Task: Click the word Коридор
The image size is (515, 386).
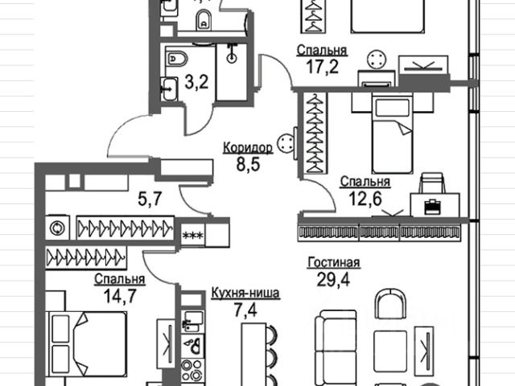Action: click(x=248, y=148)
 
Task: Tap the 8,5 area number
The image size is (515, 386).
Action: click(x=248, y=164)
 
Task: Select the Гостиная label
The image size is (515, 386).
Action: click(x=334, y=263)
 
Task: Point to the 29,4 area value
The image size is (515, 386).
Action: click(x=333, y=279)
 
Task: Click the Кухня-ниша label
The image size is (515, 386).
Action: click(x=245, y=293)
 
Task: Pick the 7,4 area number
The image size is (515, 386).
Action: click(x=245, y=310)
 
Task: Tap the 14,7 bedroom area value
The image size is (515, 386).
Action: click(x=120, y=296)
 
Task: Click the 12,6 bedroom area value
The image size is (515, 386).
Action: click(x=365, y=199)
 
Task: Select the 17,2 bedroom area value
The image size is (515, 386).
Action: click(x=322, y=67)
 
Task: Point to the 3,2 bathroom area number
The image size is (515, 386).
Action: click(x=196, y=82)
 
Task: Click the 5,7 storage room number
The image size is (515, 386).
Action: click(x=150, y=199)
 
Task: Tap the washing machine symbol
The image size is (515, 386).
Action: click(x=57, y=228)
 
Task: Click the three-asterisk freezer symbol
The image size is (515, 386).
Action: click(x=193, y=235)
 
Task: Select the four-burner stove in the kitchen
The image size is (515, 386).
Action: click(x=192, y=370)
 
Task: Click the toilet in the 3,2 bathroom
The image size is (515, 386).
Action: click(x=176, y=59)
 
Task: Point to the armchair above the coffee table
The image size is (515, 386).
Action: click(x=390, y=304)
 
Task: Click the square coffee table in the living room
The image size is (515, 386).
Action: click(x=390, y=347)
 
